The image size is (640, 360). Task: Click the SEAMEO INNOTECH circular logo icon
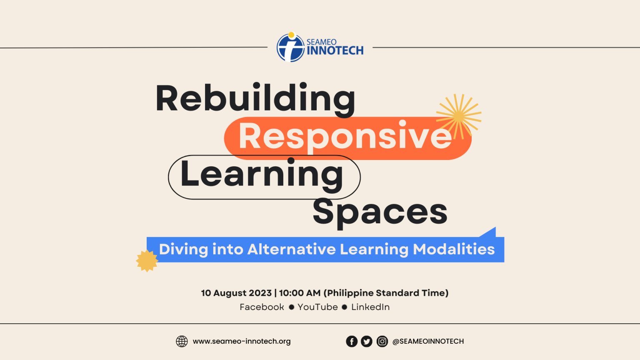coord(290,47)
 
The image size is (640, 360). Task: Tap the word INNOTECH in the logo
coord(335,51)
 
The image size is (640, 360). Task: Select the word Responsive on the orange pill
coord(345,136)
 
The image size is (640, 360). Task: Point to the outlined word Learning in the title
coord(262,175)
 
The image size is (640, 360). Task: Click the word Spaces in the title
coord(380,212)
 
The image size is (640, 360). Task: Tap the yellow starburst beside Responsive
coord(459,116)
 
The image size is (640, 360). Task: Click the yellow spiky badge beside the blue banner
coord(147,261)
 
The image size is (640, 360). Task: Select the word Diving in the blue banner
coord(183,249)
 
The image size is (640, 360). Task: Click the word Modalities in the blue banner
coord(454,249)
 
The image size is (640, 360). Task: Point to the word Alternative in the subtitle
coord(291,249)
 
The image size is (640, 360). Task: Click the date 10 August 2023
coord(236,293)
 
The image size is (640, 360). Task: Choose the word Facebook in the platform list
coord(262,307)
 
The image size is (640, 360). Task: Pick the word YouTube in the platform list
coord(317,307)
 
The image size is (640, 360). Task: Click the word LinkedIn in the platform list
coord(370,307)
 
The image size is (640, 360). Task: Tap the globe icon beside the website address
coord(182,341)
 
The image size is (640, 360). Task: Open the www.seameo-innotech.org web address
coord(242,341)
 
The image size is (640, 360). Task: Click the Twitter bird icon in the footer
coord(367,342)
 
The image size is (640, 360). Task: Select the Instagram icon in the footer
coord(382,342)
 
